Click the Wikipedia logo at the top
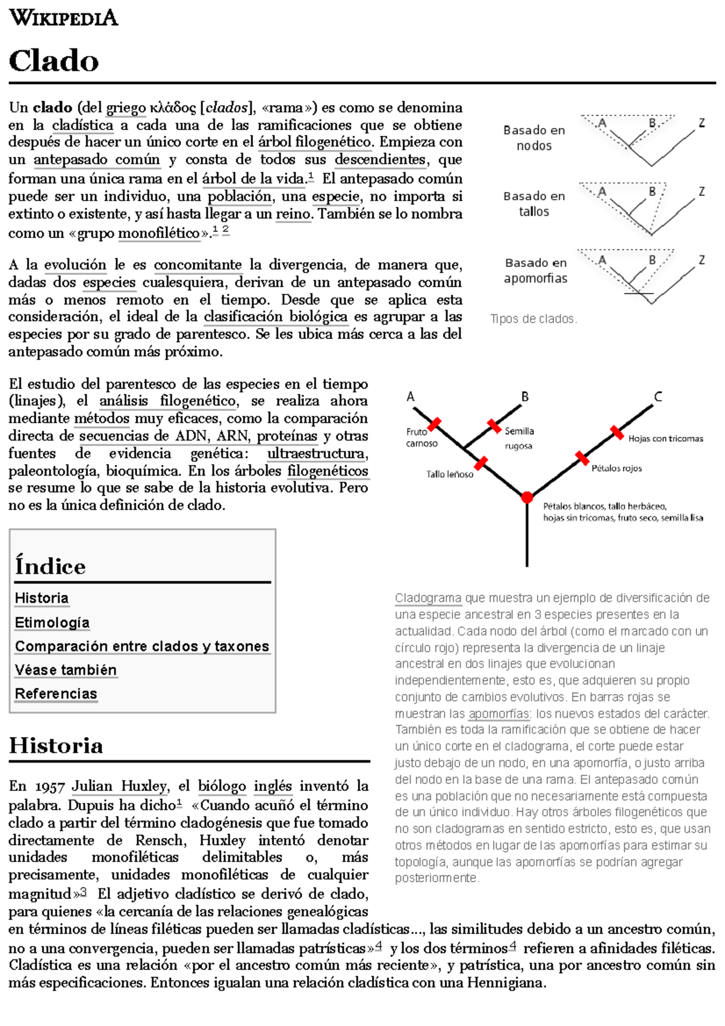[x=63, y=18]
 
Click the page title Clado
[x=54, y=61]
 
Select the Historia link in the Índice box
[x=41, y=598]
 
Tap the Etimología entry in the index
[x=52, y=622]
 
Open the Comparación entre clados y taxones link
[x=142, y=646]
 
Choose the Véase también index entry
[x=65, y=670]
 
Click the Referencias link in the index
[x=56, y=694]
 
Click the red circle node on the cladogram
[x=527, y=497]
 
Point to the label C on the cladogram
[x=658, y=397]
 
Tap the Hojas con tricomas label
[x=665, y=439]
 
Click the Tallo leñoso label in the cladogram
[x=449, y=474]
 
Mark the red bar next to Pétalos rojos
[x=582, y=458]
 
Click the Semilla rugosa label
[x=519, y=438]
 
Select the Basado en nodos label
[x=534, y=138]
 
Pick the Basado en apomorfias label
[x=536, y=271]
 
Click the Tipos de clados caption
[x=533, y=319]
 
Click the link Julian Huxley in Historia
[x=119, y=786]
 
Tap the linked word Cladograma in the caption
[x=428, y=598]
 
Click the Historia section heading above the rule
[x=56, y=746]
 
